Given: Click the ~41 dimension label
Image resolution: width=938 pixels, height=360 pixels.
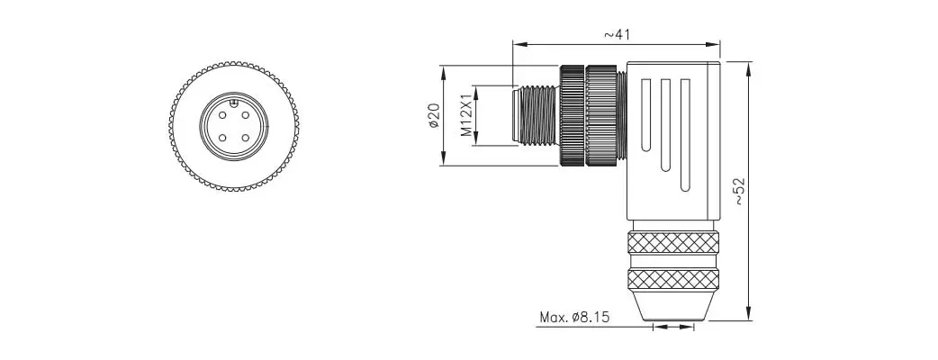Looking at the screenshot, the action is click(617, 34).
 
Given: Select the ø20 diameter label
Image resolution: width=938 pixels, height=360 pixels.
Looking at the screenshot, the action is click(434, 115).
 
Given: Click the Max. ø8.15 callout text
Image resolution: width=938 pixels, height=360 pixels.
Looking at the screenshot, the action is click(574, 317).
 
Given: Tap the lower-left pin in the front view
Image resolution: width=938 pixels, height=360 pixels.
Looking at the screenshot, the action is click(222, 138).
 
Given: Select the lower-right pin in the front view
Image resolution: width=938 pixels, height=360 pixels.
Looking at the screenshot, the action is click(245, 138).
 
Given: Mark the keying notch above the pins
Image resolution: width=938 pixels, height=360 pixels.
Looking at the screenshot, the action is click(234, 103).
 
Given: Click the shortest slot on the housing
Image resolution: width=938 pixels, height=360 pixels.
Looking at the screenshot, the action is click(645, 115).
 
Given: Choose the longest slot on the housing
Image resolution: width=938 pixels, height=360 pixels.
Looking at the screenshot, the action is click(685, 136).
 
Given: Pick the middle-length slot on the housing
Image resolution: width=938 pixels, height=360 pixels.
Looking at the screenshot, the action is click(665, 125).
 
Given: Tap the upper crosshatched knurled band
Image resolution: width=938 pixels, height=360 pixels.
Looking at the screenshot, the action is click(673, 242).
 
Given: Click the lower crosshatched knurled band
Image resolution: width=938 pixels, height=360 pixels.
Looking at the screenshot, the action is click(673, 279).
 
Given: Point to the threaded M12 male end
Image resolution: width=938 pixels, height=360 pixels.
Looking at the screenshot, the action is click(537, 115).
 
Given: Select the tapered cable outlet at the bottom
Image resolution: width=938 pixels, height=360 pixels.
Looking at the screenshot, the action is click(673, 306).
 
